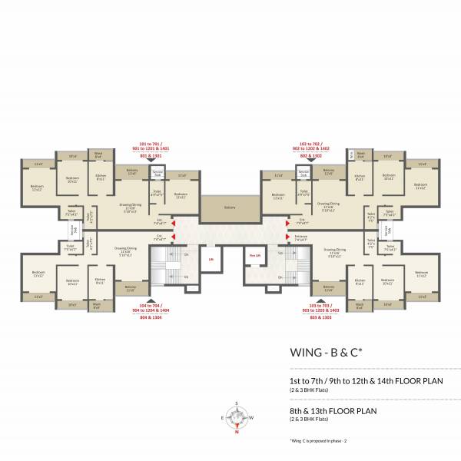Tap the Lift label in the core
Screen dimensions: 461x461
click(x=210, y=259)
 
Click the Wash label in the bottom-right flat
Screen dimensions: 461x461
click(x=359, y=305)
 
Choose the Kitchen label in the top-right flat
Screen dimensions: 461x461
click(x=360, y=176)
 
